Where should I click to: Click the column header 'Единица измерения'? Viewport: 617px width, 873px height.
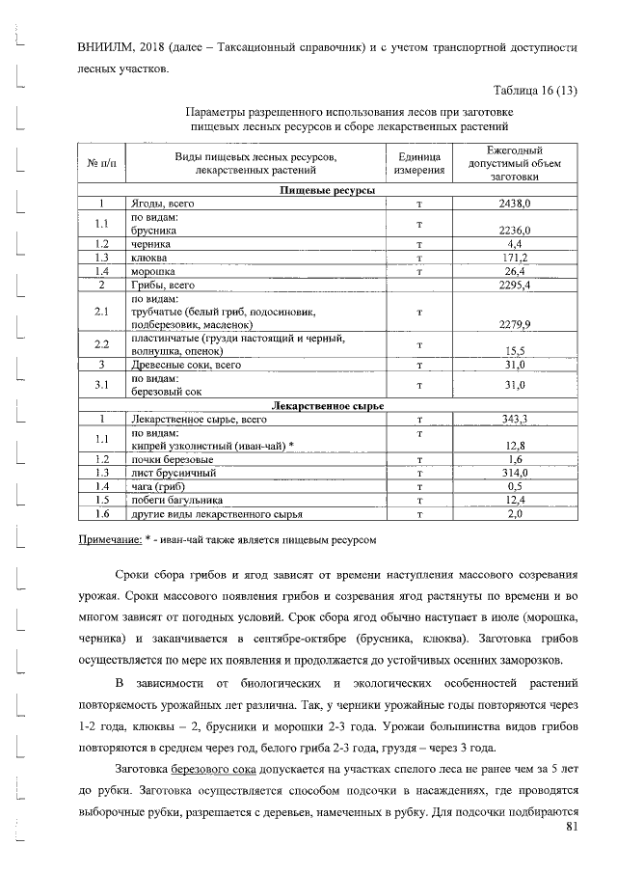click(418, 163)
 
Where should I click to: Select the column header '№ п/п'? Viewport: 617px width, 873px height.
click(101, 163)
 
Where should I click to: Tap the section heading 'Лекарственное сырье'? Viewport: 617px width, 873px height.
click(327, 406)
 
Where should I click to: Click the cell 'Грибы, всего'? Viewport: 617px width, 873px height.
click(163, 286)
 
